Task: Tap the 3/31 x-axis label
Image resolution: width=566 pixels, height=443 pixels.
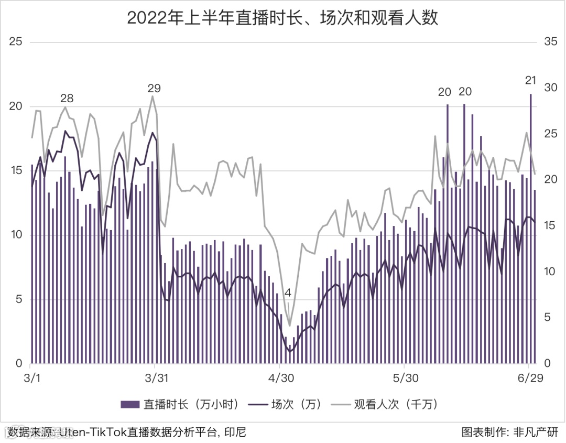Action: [155, 378]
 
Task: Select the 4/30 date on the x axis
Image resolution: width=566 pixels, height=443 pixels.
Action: [281, 378]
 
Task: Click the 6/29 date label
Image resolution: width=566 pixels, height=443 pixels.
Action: [530, 378]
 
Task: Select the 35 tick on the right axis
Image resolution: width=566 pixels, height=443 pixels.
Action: [551, 42]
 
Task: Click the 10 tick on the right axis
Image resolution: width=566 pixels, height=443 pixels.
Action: [551, 272]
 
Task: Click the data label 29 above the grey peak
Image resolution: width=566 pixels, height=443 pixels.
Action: [154, 88]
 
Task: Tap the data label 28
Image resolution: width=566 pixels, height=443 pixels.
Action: [67, 98]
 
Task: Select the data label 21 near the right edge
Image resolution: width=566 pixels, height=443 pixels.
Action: [530, 80]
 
